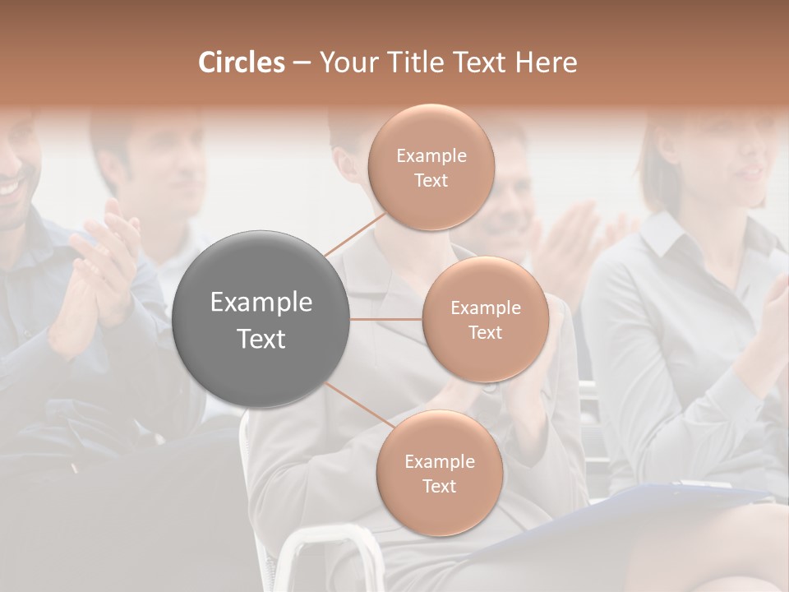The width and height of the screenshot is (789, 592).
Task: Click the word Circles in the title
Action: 241,62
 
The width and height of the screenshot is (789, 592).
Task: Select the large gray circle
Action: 261,319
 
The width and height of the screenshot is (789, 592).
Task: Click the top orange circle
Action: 431,166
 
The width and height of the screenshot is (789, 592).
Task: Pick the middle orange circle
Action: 485,319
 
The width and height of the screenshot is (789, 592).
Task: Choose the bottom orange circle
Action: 439,473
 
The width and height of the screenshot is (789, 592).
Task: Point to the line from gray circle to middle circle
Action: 385,319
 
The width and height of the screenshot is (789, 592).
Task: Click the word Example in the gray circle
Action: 261,303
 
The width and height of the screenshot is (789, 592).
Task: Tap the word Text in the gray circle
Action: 261,339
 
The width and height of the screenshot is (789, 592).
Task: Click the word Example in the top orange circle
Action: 431,155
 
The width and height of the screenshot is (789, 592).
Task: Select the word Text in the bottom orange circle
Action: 439,486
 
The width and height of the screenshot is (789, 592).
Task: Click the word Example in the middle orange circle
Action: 485,308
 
